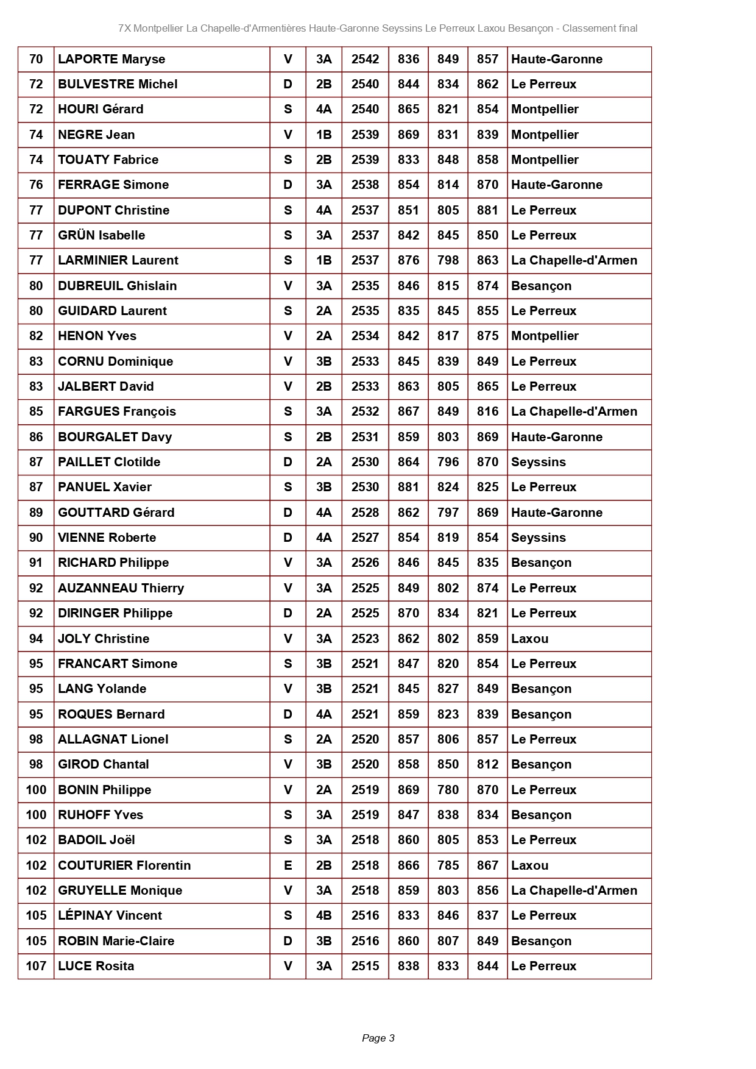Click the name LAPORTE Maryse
(111, 59)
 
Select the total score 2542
(365, 59)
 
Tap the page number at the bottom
(378, 1038)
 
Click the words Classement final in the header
(599, 28)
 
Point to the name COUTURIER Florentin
(124, 865)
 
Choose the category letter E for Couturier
(288, 865)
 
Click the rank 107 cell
(36, 966)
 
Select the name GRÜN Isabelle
(101, 235)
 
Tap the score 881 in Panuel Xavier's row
(408, 487)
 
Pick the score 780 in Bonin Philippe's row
(448, 790)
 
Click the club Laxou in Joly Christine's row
(529, 639)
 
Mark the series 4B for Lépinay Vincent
(323, 915)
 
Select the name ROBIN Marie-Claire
(116, 941)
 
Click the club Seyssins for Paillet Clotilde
(538, 462)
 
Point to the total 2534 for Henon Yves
(365, 336)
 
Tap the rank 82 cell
(36, 336)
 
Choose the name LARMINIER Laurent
(118, 260)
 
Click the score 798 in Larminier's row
(448, 260)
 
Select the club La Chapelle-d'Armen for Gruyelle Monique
(574, 890)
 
